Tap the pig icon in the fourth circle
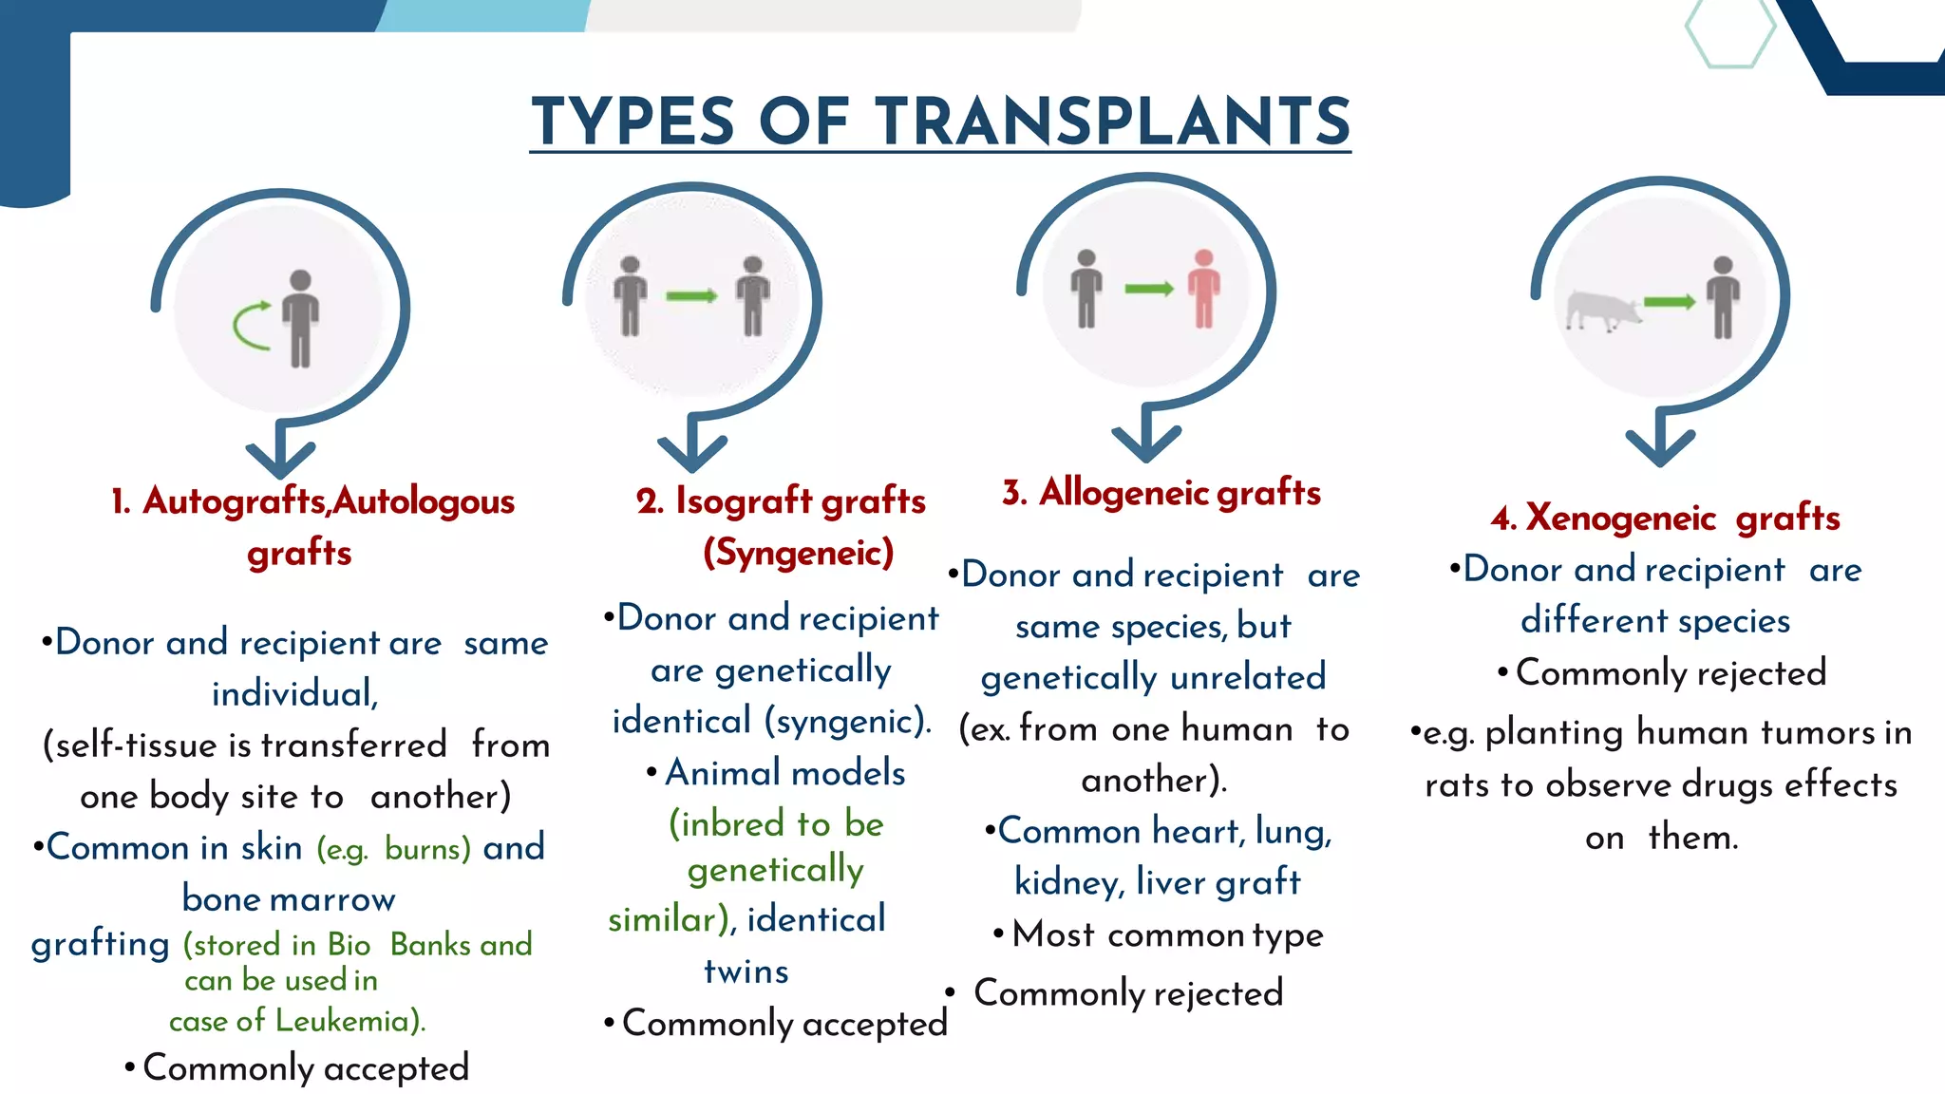click(x=1602, y=311)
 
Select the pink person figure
click(x=1204, y=289)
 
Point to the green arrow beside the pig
click(x=1669, y=302)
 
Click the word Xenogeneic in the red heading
click(x=1620, y=519)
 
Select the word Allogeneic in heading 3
click(x=1124, y=493)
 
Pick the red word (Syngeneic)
click(x=799, y=553)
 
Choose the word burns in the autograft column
click(x=427, y=849)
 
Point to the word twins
click(x=746, y=971)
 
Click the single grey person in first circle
click(x=300, y=318)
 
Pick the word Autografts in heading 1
click(x=234, y=501)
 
